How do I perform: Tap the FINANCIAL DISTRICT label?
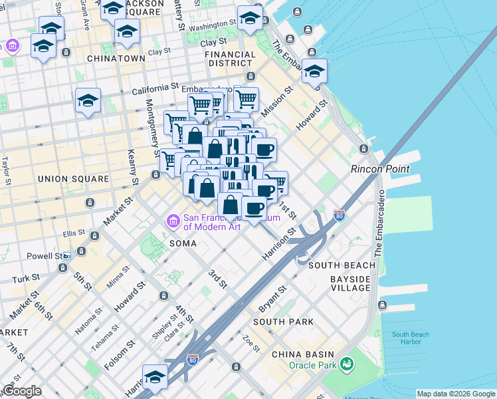coord(229,59)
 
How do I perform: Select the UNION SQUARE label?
coord(73,179)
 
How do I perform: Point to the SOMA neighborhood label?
coord(183,243)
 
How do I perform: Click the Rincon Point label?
coord(380,169)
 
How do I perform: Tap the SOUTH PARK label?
coord(283,322)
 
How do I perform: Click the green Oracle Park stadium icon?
coord(346,364)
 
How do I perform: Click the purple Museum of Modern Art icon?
coord(173,221)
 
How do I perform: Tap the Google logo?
coord(23,390)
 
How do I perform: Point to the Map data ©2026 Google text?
coord(455,394)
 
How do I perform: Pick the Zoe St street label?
coord(251,344)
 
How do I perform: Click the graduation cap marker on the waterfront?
coord(314,71)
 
